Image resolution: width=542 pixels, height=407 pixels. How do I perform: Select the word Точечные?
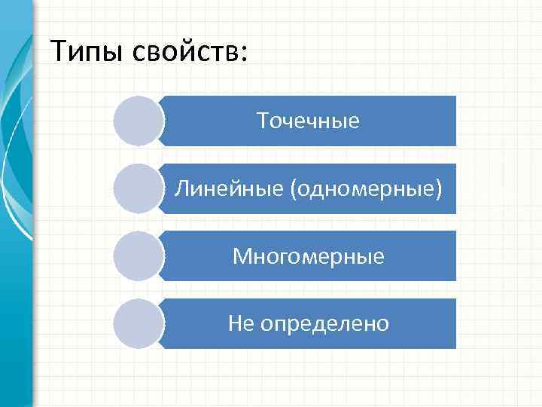(308, 121)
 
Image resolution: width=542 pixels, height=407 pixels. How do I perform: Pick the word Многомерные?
(308, 257)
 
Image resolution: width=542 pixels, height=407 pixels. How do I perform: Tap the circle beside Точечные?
(139, 121)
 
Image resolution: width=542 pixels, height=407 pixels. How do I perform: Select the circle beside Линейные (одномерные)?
(139, 188)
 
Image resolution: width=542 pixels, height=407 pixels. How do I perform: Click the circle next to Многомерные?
(139, 256)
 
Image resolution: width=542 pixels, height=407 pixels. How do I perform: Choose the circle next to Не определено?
(139, 324)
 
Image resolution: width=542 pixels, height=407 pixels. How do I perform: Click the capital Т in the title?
(59, 51)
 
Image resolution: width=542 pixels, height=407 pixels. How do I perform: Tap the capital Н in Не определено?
(235, 324)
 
